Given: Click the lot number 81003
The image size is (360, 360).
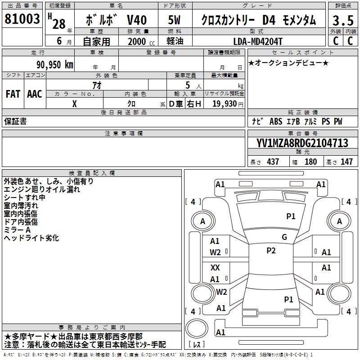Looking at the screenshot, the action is tap(22, 19).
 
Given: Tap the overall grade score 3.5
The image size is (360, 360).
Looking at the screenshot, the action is tap(342, 20).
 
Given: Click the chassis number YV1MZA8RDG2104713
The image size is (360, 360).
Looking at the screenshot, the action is tap(302, 144).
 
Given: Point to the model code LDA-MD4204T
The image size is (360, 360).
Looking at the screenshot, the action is tap(258, 41).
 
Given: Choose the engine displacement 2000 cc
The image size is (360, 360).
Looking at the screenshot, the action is tap(138, 41).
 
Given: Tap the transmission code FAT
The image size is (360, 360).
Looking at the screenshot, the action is tap(13, 94).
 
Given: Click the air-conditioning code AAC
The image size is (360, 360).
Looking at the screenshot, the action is tap(35, 94).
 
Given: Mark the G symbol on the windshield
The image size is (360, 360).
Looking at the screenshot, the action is tap(284, 237).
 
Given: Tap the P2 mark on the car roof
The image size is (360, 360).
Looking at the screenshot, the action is tap(270, 251).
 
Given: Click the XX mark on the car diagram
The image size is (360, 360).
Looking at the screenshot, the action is tap(215, 268).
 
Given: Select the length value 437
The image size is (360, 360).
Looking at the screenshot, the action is tap(273, 162).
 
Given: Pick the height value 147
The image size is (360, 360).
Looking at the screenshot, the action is tap(346, 162).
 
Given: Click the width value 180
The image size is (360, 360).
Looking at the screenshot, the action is tap(310, 162).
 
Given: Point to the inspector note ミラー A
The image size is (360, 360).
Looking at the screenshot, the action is tap(17, 230).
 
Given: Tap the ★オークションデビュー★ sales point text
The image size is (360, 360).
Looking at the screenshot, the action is tap(288, 63).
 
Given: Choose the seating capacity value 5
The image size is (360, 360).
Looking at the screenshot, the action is tap(187, 85).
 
